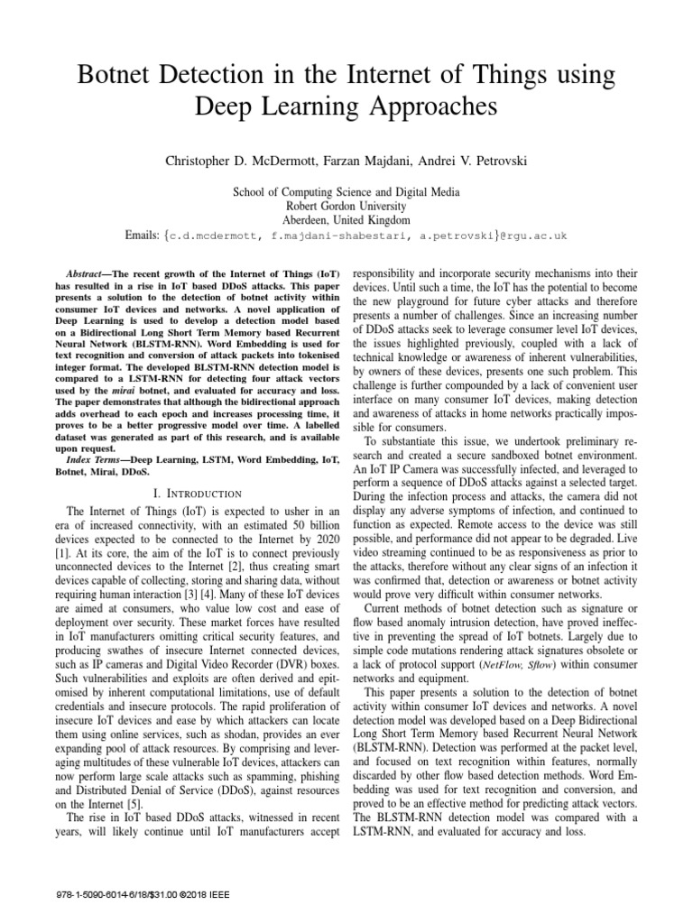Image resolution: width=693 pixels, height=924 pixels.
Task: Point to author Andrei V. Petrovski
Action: tap(477, 161)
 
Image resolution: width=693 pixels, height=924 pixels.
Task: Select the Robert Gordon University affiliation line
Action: tap(346, 206)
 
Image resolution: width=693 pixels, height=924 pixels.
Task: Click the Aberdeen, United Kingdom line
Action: tap(346, 220)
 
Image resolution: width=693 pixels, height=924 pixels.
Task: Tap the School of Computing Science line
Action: tap(346, 192)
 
